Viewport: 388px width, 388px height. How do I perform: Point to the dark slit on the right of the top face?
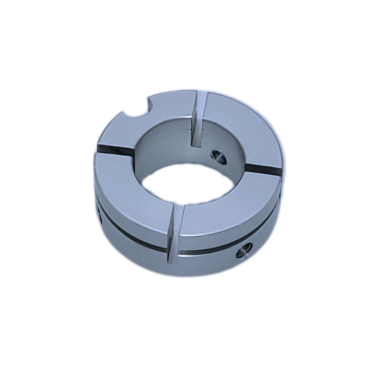point(264,170)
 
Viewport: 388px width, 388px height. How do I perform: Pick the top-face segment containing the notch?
point(158,115)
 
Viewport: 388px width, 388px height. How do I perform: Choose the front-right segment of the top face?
point(230,208)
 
